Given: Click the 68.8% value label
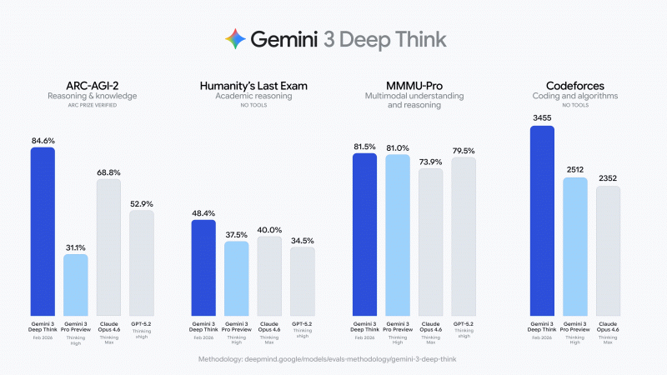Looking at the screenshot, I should pos(108,172).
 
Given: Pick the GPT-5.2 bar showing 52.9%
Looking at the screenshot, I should pos(141,262).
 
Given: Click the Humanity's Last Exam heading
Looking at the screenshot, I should pos(253,85).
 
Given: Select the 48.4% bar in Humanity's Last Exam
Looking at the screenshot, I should pos(203,267).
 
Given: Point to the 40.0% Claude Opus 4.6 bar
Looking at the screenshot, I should pos(269,276).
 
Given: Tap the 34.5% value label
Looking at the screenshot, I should pos(302,240).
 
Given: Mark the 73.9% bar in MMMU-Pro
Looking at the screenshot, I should pos(430,242).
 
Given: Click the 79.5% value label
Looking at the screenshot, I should pos(463,151).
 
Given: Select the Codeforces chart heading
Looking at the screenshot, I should pos(574,85).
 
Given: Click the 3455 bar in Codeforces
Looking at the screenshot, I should pos(542,221).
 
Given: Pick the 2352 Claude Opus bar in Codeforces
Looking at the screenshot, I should pos(608,251).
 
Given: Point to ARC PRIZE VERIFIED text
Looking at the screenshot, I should pos(92,106).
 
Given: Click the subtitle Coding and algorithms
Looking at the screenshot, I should pos(574,97).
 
